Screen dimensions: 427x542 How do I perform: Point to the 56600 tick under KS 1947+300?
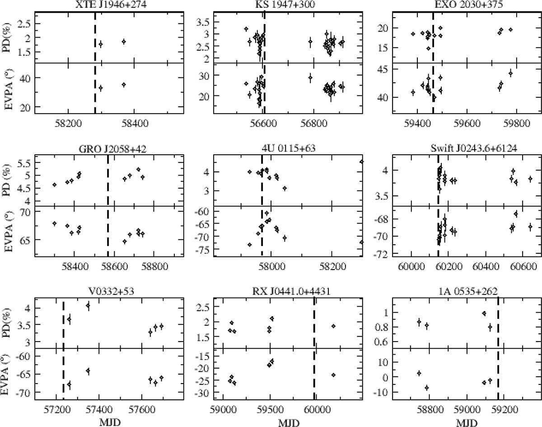[x=264, y=123]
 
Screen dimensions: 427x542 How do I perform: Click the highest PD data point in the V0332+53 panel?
[x=88, y=306]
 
